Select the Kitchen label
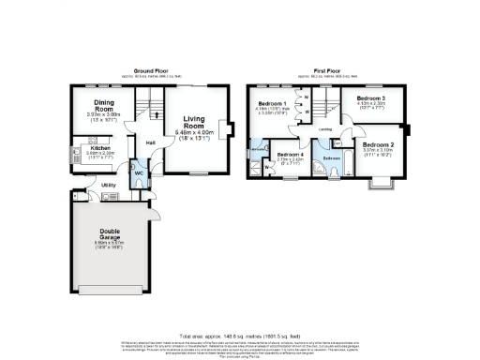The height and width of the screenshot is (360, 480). click(x=99, y=148)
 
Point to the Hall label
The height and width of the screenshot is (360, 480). click(x=150, y=142)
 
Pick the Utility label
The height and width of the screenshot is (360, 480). click(x=107, y=187)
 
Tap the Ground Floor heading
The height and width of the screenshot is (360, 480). click(x=150, y=70)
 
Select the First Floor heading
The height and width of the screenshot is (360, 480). click(x=328, y=70)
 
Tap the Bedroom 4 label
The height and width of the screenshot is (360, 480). click(x=289, y=152)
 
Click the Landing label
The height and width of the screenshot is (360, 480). click(x=324, y=128)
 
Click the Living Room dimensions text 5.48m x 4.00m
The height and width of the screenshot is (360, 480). click(x=195, y=133)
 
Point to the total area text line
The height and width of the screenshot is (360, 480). click(x=240, y=334)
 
